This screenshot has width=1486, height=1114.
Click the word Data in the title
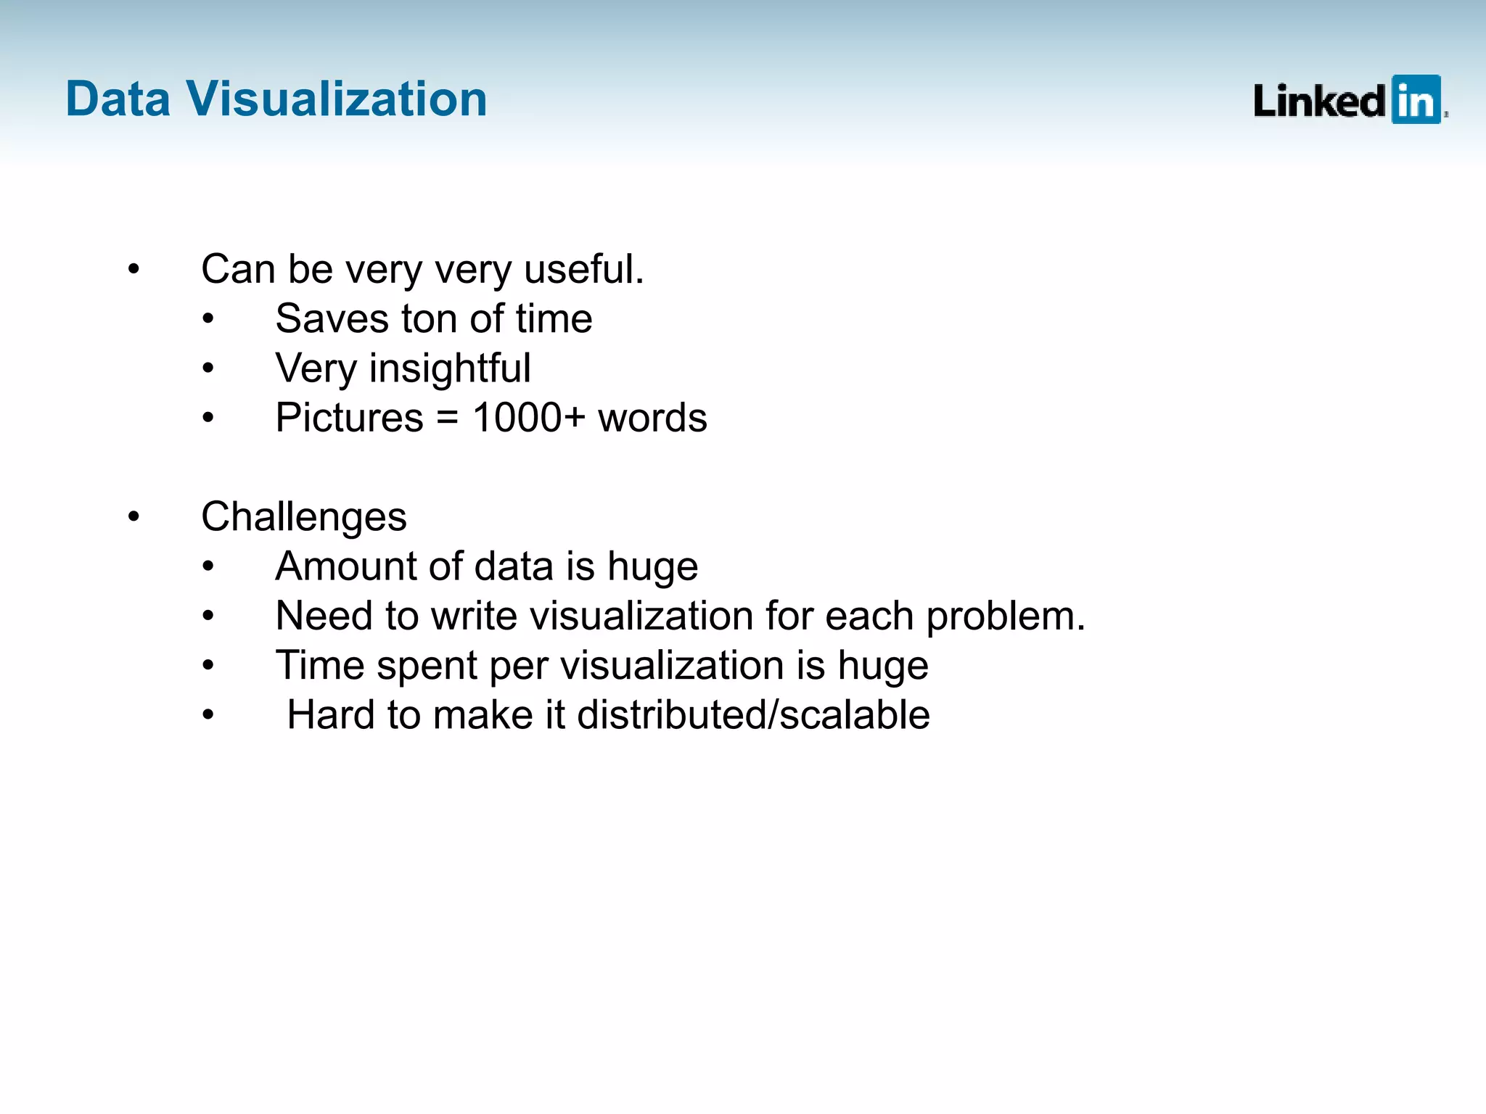(118, 99)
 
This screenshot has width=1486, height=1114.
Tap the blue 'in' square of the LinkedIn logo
(1416, 100)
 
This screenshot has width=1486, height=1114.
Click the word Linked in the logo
(1319, 102)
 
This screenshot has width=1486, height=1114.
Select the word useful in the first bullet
(583, 269)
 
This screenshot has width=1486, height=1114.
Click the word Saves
(332, 319)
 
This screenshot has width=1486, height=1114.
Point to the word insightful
(450, 368)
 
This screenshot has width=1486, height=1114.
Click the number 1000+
(528, 418)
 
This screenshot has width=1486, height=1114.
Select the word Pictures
(349, 418)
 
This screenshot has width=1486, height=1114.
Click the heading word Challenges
(303, 517)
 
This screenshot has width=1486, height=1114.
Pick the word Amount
(345, 566)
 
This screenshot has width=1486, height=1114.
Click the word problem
(1005, 616)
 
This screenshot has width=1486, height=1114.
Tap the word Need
(324, 616)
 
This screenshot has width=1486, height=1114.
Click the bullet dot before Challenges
(134, 517)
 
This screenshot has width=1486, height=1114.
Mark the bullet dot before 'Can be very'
(134, 270)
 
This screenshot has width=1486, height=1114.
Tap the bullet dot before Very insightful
(208, 368)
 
